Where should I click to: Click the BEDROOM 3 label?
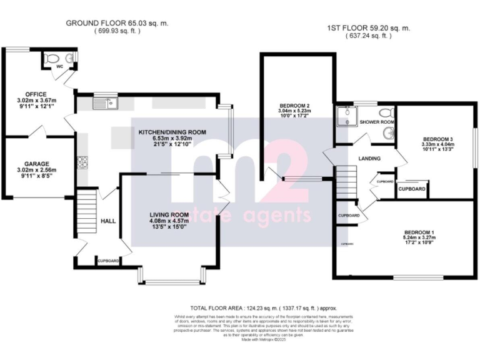438,139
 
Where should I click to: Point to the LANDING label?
370,158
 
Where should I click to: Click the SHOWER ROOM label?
377,122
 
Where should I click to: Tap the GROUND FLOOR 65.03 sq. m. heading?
118,23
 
